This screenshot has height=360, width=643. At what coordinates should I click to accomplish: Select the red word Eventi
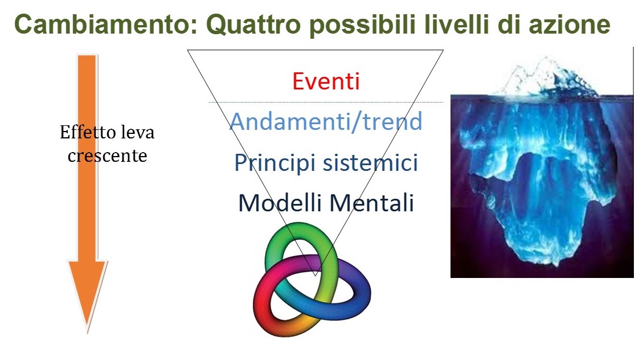tap(326, 81)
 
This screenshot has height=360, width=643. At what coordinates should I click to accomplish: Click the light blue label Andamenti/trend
tap(326, 121)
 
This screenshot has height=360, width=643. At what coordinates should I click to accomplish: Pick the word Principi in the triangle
tap(275, 163)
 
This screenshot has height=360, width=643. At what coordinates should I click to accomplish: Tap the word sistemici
tap(371, 162)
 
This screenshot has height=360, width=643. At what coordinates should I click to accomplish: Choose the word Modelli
tap(281, 203)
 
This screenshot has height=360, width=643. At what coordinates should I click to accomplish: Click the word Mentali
tap(371, 203)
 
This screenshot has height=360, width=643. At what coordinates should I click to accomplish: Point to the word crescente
tap(108, 156)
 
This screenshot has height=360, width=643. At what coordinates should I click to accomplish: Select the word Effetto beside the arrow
tap(87, 132)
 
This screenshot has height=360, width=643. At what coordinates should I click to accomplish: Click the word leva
tap(137, 132)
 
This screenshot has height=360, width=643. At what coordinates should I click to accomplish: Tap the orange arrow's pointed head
tap(88, 332)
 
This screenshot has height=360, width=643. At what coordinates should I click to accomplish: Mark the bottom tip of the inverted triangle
tap(315, 276)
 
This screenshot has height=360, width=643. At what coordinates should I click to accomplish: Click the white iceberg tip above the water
tap(546, 79)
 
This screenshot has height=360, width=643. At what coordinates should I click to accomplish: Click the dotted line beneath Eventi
tap(326, 102)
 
